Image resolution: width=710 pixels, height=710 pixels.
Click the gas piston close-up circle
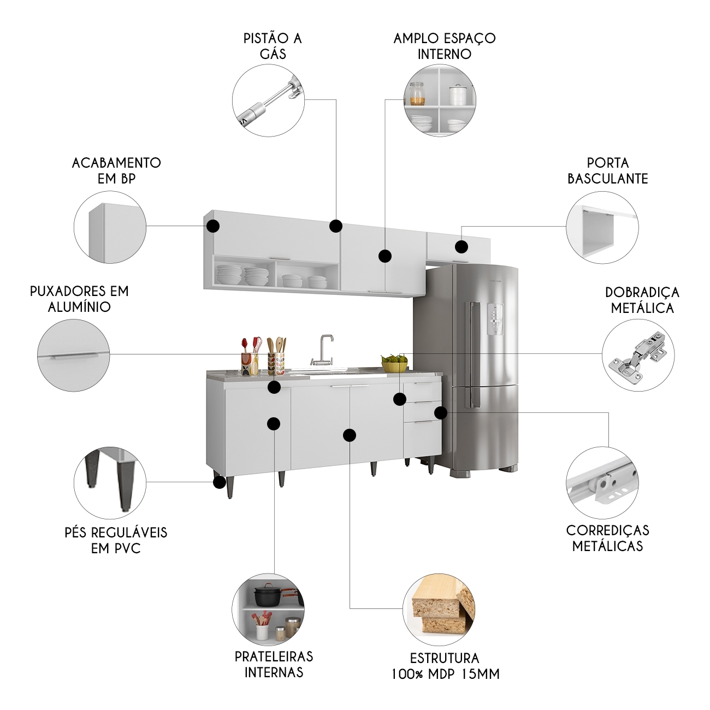pyautogui.click(x=268, y=100)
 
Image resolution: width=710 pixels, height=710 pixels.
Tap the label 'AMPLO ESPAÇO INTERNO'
pyautogui.click(x=444, y=46)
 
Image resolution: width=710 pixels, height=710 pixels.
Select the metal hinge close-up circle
pyautogui.click(x=638, y=355)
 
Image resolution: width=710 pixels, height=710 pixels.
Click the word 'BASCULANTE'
pyautogui.click(x=607, y=179)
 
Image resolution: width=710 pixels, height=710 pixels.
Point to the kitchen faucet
pyautogui.click(x=326, y=350)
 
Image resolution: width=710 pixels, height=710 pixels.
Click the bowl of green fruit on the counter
pyautogui.click(x=394, y=363)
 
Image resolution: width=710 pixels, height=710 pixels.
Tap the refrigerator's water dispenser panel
pyautogui.click(x=495, y=318)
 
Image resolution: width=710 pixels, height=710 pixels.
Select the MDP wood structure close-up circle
pyautogui.click(x=439, y=609)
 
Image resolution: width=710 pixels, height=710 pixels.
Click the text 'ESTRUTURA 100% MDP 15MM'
pyautogui.click(x=445, y=666)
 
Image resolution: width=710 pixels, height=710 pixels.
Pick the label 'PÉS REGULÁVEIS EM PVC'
pyautogui.click(x=116, y=540)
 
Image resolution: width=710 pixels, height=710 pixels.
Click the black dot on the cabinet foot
pyautogui.click(x=219, y=482)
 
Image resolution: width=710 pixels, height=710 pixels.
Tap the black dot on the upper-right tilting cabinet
pyautogui.click(x=461, y=247)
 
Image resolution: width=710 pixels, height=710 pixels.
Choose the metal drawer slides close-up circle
pyautogui.click(x=602, y=483)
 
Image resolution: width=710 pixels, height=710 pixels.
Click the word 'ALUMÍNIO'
pyautogui.click(x=79, y=307)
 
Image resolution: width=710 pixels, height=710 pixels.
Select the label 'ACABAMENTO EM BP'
pyautogui.click(x=116, y=170)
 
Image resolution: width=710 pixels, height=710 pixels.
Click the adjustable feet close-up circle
pyautogui.click(x=110, y=483)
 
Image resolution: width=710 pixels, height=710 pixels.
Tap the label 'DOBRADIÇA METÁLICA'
pyautogui.click(x=642, y=300)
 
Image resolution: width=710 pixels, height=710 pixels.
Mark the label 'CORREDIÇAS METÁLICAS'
pyautogui.click(x=607, y=538)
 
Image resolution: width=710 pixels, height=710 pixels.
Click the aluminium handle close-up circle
pyautogui.click(x=74, y=355)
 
